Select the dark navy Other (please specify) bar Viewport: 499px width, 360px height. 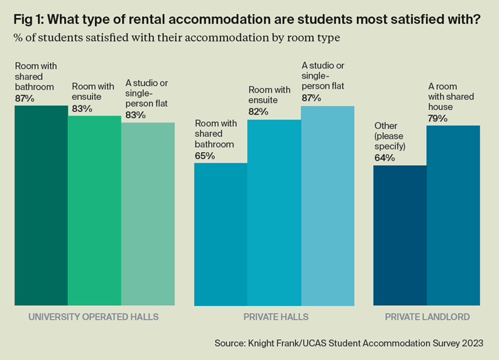point(400,236)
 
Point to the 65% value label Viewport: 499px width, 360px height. point(205,155)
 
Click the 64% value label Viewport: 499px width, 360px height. point(385,158)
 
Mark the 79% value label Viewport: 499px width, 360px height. point(439,118)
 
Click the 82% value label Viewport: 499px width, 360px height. point(259,111)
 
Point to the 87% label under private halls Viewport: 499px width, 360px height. point(312,97)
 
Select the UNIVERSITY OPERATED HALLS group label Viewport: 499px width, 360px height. point(94,317)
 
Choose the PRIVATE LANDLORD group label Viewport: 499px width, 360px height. point(427,317)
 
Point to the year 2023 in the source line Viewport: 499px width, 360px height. point(471,343)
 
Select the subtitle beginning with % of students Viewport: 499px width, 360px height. point(177,38)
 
